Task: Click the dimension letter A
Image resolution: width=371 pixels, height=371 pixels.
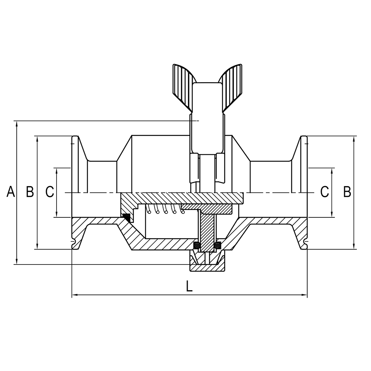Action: tap(11, 192)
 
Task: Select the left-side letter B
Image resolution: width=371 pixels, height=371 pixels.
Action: tap(30, 192)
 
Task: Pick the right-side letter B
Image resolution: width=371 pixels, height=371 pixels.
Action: tap(347, 192)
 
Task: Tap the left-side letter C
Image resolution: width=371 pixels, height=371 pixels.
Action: tap(50, 192)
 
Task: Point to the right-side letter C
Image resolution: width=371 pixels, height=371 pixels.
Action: tap(325, 192)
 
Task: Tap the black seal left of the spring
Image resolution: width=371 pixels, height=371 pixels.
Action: tap(126, 217)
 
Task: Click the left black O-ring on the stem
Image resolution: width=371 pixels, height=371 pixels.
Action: tap(197, 245)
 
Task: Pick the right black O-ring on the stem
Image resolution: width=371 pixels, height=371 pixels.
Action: tap(217, 245)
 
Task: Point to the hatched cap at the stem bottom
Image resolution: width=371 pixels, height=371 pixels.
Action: tap(207, 268)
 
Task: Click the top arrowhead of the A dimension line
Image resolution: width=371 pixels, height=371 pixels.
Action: tap(17, 124)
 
